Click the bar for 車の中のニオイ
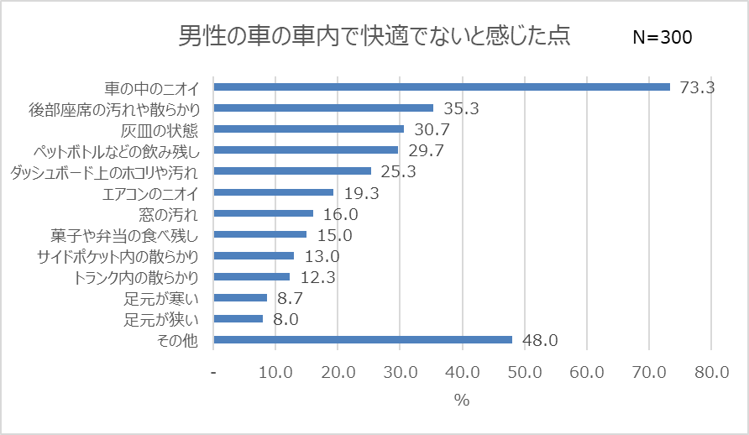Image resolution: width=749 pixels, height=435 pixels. pyautogui.click(x=442, y=86)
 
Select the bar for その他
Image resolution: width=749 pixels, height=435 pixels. pyautogui.click(x=363, y=340)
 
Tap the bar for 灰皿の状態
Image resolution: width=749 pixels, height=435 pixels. pyautogui.click(x=309, y=128)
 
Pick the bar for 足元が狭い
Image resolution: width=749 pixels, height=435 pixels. pyautogui.click(x=238, y=319)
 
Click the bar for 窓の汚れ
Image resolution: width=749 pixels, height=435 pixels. pyautogui.click(x=264, y=213)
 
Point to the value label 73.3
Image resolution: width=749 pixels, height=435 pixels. pyautogui.click(x=696, y=86)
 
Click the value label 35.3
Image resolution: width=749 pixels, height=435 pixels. pyautogui.click(x=459, y=107)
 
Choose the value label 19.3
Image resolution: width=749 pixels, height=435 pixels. pyautogui.click(x=359, y=192)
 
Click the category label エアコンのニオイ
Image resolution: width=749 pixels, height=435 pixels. pyautogui.click(x=150, y=192)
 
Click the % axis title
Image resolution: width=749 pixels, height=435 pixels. pyautogui.click(x=462, y=401)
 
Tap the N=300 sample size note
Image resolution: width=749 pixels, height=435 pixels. pyautogui.click(x=662, y=38)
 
